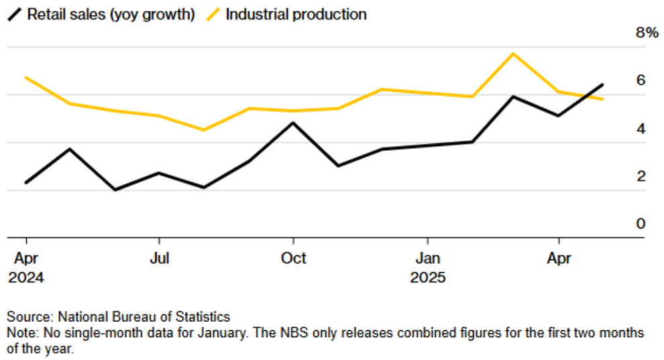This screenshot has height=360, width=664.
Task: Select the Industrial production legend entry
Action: [296, 14]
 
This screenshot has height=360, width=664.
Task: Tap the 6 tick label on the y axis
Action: [641, 80]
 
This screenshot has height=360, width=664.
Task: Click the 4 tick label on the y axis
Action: [641, 128]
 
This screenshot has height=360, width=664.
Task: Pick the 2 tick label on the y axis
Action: [641, 176]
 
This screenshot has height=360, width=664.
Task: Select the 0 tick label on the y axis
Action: [641, 223]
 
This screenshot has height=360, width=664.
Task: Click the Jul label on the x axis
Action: [158, 258]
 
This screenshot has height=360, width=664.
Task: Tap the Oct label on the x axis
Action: [293, 258]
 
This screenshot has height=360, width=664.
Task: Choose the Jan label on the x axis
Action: [427, 258]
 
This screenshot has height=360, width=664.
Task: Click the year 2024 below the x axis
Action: [26, 276]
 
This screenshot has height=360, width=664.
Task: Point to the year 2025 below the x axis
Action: [427, 276]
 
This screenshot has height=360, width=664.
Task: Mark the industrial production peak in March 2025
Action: [513, 53]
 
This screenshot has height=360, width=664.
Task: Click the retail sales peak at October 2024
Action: [293, 123]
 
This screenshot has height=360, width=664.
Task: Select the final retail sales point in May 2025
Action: [603, 84]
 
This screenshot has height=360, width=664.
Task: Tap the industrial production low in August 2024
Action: [204, 130]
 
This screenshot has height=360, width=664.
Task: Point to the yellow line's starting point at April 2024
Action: [26, 78]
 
